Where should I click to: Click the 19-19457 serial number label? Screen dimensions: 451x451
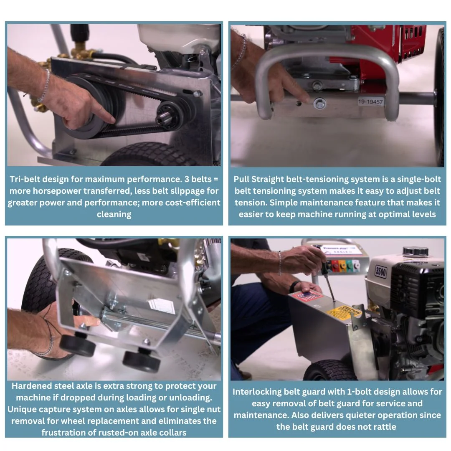[x=370, y=101]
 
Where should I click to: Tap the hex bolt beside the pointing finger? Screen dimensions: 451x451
[x=319, y=103]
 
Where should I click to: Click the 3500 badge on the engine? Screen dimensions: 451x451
[x=381, y=272]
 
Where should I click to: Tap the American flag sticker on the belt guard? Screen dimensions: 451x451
[x=307, y=296]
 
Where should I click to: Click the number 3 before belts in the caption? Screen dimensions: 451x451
[x=187, y=179]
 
